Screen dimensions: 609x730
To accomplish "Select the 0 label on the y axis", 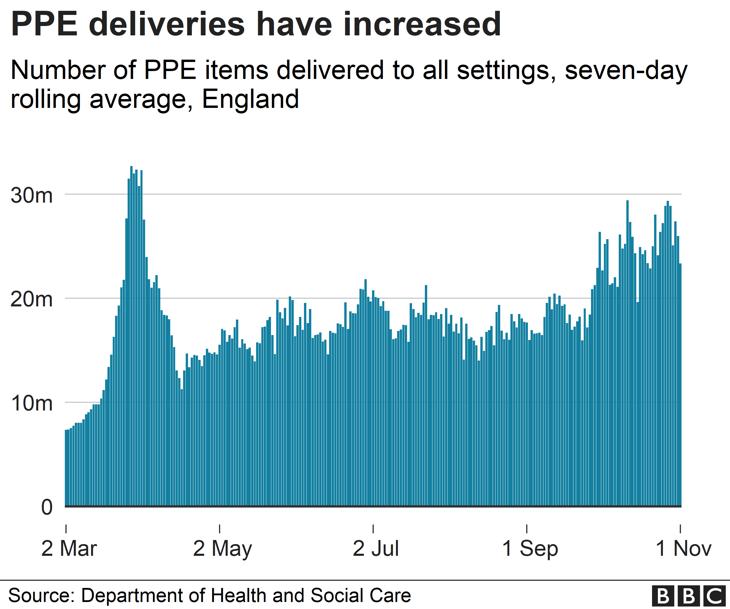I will tap(47, 507).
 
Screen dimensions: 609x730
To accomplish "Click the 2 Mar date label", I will tap(69, 549).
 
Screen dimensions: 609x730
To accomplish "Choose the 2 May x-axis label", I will tap(223, 549).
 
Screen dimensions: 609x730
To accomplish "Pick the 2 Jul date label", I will tap(376, 549).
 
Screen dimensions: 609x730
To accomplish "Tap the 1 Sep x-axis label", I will tap(530, 549).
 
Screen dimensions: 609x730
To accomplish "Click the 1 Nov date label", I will tap(683, 549).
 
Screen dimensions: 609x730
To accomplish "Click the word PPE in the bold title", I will tap(44, 24).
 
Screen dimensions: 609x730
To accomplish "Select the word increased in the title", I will tap(422, 24).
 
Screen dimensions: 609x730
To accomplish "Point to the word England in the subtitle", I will tap(250, 99).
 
